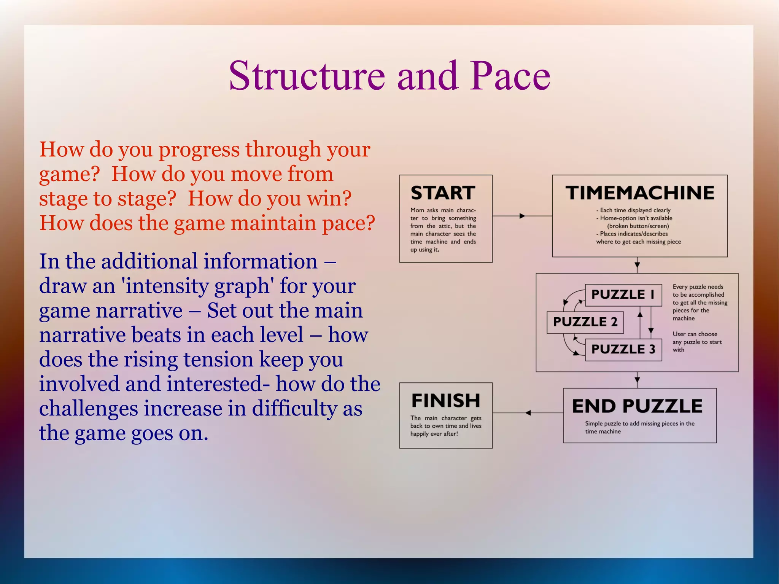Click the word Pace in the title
pos(510,76)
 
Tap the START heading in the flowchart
pos(443,193)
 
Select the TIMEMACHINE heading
pos(640,193)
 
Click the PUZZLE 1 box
pos(623,294)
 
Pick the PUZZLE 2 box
pos(585,322)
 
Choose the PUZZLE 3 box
pos(623,349)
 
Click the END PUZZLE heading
pos(637,406)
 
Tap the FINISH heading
pos(445,401)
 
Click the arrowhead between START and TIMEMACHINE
pos(522,216)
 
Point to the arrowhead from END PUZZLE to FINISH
pos(528,413)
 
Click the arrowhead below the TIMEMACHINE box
pos(638,265)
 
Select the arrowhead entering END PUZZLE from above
pos(638,380)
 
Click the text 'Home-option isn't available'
pos(636,218)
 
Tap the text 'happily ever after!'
pos(434,434)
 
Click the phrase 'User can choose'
pos(695,334)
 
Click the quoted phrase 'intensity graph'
pos(197,286)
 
